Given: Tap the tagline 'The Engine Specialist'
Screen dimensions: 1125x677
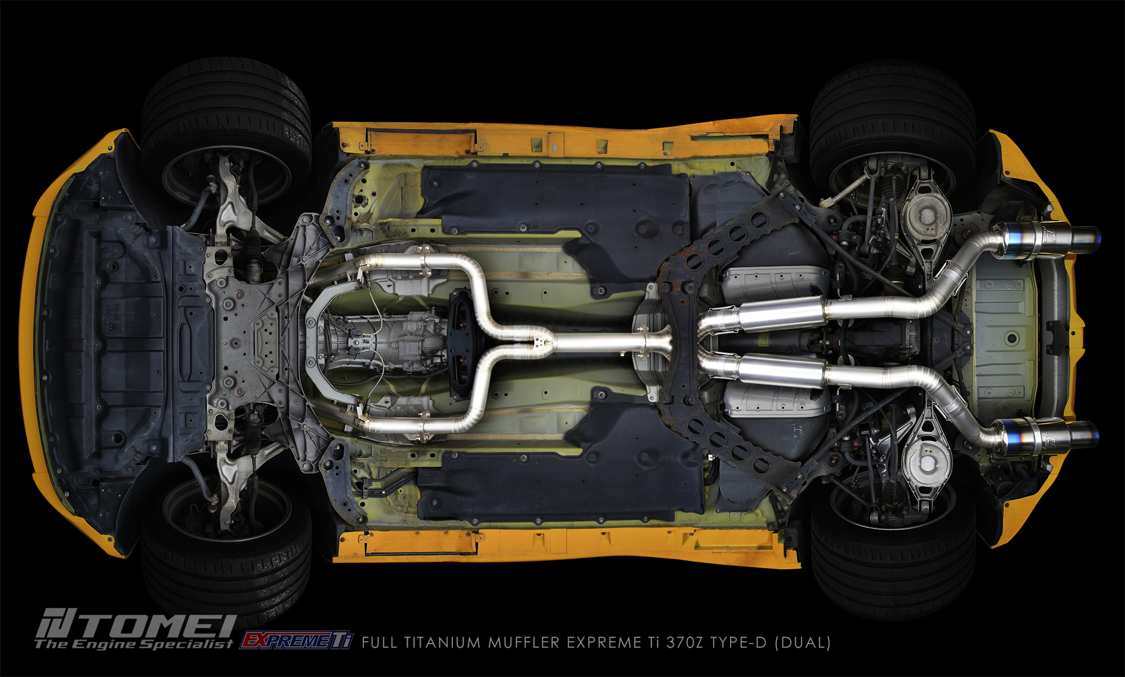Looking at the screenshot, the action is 134,644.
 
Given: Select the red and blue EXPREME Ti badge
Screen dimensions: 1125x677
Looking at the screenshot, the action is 296,640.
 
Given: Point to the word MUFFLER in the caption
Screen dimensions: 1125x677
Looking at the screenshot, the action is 524,642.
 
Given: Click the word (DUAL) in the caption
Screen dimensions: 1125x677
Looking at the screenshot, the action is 802,642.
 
